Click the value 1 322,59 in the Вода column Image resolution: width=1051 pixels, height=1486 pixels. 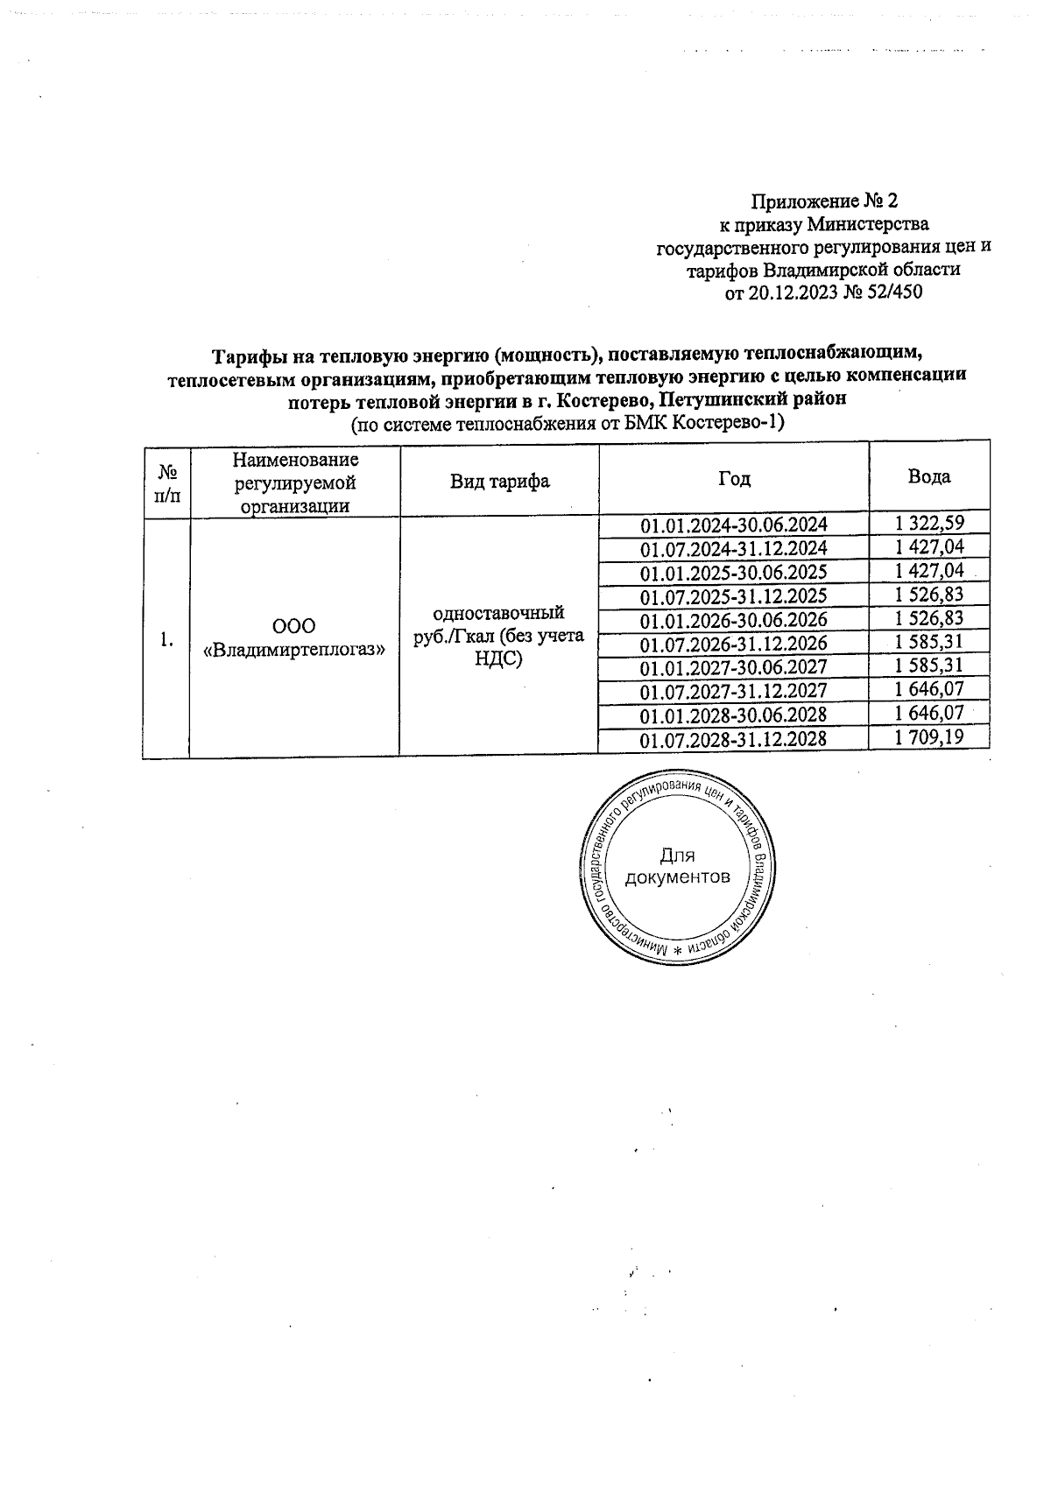pyautogui.click(x=928, y=524)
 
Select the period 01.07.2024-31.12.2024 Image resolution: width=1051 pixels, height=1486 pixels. pyautogui.click(x=733, y=549)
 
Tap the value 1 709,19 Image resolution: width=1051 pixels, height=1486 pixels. pyautogui.click(x=928, y=737)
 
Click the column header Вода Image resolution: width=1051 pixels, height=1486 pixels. pyautogui.click(x=928, y=477)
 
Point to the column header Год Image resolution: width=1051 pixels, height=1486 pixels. pyautogui.click(x=734, y=479)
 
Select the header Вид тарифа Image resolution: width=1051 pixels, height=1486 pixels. pyautogui.click(x=499, y=481)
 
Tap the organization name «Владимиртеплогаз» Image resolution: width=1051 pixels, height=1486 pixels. pyautogui.click(x=294, y=651)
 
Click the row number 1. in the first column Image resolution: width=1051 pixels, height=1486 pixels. pyautogui.click(x=166, y=641)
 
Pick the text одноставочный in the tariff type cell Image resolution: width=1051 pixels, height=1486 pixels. pyautogui.click(x=498, y=612)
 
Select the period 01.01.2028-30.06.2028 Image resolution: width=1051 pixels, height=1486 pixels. pyautogui.click(x=733, y=715)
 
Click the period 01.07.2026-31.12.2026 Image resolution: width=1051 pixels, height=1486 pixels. pyautogui.click(x=733, y=644)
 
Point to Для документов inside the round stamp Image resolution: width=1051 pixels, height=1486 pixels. pyautogui.click(x=676, y=867)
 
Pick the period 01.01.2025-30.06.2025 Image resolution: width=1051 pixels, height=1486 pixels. pyautogui.click(x=733, y=573)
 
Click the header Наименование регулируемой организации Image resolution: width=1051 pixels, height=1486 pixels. pyautogui.click(x=294, y=482)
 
